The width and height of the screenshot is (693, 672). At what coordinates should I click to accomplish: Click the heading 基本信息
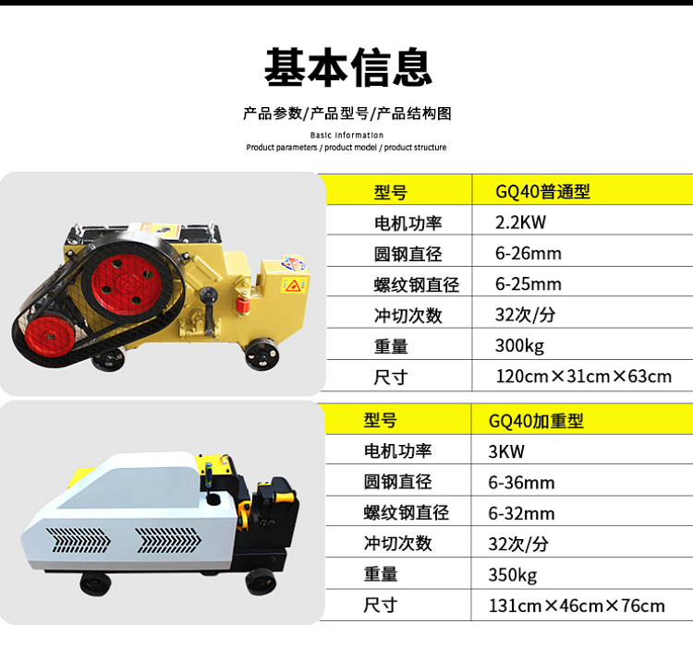(347, 67)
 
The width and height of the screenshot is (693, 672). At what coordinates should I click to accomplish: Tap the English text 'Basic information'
(346, 135)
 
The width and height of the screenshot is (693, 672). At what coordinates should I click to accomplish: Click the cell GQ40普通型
(542, 192)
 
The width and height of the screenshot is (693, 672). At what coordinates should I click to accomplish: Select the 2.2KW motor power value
(520, 222)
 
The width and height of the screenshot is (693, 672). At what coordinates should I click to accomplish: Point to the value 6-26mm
(529, 253)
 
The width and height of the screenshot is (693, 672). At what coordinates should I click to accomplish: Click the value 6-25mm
(529, 284)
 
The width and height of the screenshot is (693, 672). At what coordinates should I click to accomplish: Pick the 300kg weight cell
(519, 346)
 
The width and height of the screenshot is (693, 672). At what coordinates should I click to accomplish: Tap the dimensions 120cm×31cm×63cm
(583, 377)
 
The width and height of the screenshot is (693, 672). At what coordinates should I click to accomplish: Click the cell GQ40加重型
(536, 421)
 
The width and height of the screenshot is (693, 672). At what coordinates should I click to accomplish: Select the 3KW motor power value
(506, 451)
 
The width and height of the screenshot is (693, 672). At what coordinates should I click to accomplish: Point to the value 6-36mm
(521, 483)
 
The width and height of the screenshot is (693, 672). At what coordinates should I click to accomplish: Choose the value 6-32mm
(521, 513)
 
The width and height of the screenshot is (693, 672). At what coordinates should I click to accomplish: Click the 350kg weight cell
(513, 575)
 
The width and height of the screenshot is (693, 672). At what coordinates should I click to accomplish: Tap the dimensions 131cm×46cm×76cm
(577, 606)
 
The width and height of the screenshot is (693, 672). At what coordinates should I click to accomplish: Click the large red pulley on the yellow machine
(127, 284)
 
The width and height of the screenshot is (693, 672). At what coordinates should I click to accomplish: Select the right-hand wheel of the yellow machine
(261, 354)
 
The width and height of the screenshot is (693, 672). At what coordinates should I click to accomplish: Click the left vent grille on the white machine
(79, 540)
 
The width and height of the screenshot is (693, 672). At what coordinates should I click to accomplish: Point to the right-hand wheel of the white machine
(261, 582)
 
